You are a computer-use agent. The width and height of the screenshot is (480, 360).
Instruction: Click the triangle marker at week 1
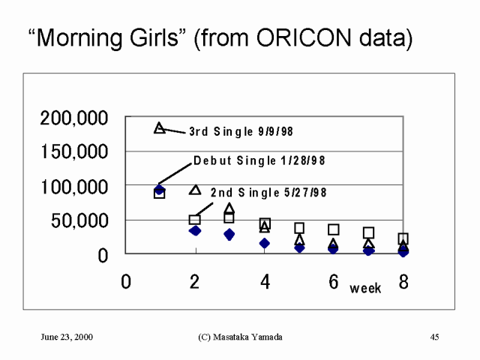pyautogui.click(x=159, y=128)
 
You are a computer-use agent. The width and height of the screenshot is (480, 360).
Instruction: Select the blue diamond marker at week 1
pyautogui.click(x=160, y=189)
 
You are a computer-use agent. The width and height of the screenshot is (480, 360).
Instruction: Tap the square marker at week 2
pyautogui.click(x=194, y=220)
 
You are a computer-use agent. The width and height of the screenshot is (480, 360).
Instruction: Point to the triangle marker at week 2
pyautogui.click(x=195, y=190)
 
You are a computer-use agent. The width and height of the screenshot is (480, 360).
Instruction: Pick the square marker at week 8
pyautogui.click(x=403, y=239)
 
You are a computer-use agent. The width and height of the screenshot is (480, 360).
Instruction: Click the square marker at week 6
pyautogui.click(x=334, y=229)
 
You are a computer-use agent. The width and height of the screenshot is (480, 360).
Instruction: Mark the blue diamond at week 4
pyautogui.click(x=265, y=243)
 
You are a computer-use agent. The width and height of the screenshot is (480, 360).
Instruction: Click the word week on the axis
pyautogui.click(x=365, y=288)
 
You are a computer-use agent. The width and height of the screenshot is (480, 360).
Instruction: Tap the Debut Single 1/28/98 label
pyautogui.click(x=259, y=160)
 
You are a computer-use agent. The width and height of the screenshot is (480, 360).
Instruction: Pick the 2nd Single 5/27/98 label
pyautogui.click(x=268, y=193)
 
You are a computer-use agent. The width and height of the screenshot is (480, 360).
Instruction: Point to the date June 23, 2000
pyautogui.click(x=67, y=337)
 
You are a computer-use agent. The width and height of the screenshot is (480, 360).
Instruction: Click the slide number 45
pyautogui.click(x=434, y=337)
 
